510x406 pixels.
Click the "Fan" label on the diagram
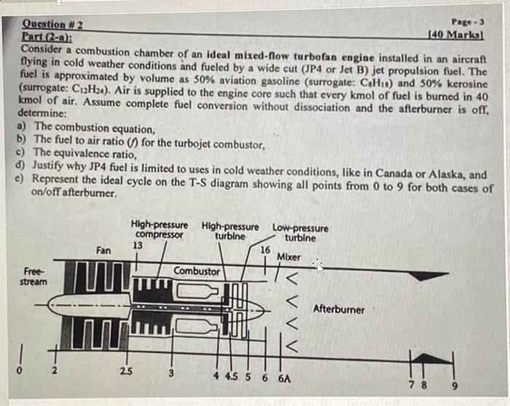pyautogui.click(x=103, y=250)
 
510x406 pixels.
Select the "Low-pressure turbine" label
pyautogui.click(x=300, y=233)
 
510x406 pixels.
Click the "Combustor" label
pyautogui.click(x=196, y=271)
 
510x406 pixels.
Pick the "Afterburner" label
pyautogui.click(x=339, y=309)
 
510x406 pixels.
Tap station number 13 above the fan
pyautogui.click(x=137, y=246)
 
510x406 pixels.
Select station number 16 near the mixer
pyautogui.click(x=265, y=250)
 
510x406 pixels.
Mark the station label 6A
pyautogui.click(x=286, y=378)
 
